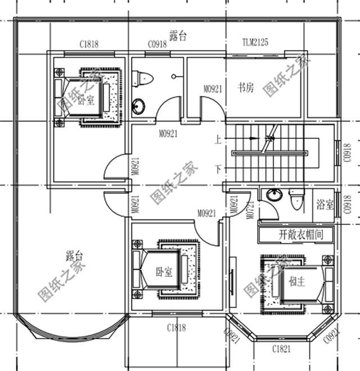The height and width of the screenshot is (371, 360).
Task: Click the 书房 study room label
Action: [x=245, y=88]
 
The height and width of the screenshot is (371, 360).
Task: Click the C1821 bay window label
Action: [x=281, y=350]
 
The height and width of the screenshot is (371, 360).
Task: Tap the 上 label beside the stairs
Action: [x=217, y=138]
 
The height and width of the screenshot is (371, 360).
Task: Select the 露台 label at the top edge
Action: [x=178, y=35]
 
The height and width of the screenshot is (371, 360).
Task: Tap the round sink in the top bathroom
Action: [x=138, y=105]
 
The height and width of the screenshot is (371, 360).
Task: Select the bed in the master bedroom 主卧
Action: [x=296, y=281]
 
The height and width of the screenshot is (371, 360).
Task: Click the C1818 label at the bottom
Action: [x=176, y=328]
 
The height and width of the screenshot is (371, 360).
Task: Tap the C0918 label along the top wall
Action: [x=157, y=43]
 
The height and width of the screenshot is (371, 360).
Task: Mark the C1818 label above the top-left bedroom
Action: [x=89, y=43]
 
